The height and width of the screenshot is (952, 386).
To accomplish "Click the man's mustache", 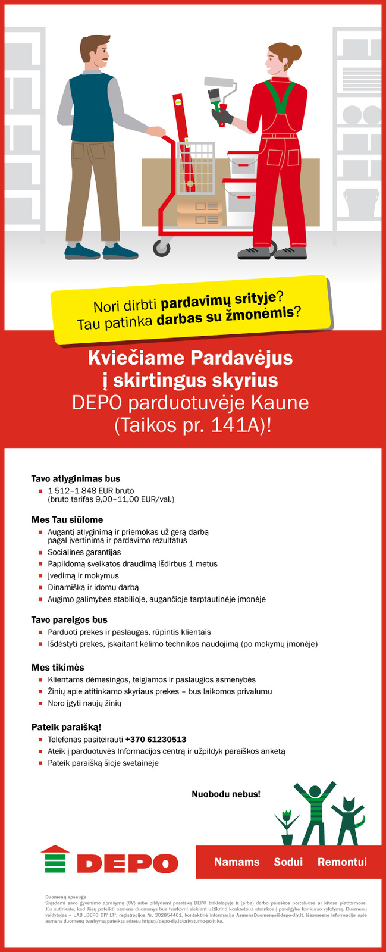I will (x=105, y=61).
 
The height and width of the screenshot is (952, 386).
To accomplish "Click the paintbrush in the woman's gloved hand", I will (x=215, y=96).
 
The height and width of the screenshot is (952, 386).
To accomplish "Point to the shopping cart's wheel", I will (x=161, y=248).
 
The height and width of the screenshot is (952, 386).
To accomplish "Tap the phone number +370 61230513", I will (x=156, y=740).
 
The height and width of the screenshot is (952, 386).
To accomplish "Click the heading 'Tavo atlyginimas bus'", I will (x=76, y=478).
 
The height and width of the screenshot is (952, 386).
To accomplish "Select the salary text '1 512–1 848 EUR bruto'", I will (x=90, y=491).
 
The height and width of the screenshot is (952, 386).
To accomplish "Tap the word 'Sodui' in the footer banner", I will (x=288, y=862).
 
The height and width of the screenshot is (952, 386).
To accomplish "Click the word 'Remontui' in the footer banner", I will (x=342, y=862).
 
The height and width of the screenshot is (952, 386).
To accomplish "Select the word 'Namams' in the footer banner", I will (x=237, y=862).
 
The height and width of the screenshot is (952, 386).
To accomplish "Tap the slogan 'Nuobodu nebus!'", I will (x=225, y=794).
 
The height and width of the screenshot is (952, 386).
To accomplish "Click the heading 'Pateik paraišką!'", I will (x=66, y=727).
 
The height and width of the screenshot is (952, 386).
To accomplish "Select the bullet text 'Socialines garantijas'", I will (x=84, y=552).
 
